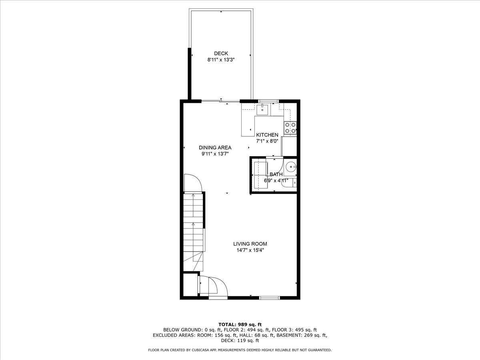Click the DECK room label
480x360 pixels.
pos(221,53)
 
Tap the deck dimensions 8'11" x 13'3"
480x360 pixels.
pos(221,60)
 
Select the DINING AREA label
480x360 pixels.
pos(215,148)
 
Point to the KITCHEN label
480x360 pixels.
pos(267,135)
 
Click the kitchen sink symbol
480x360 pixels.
pos(262,110)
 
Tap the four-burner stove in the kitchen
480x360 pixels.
pos(290,128)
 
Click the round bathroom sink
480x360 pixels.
pos(291,168)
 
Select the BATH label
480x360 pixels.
pos(276,174)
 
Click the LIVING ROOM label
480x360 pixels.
pos(250,244)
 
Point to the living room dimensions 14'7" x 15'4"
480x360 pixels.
pos(250,250)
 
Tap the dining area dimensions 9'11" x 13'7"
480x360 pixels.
pos(215,154)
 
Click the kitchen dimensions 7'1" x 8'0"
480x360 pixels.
pos(267,141)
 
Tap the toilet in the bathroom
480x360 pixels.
pos(289,182)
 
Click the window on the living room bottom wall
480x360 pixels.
pos(270,298)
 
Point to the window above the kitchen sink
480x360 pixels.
pos(268,101)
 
